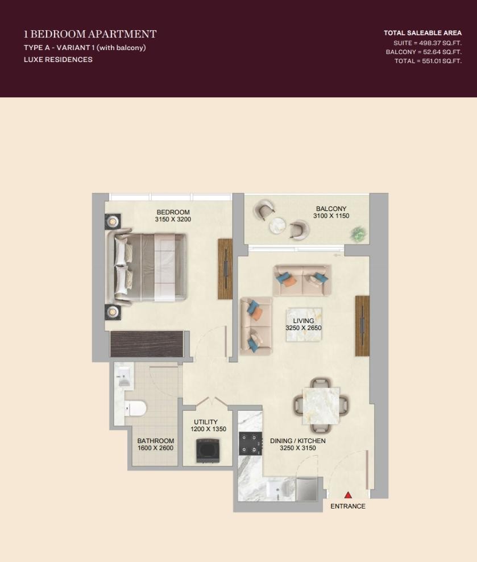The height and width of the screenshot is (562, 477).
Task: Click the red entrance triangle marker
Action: (348, 495)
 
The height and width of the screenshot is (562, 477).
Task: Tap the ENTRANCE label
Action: (348, 506)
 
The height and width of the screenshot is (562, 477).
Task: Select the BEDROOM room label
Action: (173, 212)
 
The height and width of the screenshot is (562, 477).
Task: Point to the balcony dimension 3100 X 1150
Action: (331, 216)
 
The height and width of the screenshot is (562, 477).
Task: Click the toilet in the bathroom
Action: (135, 408)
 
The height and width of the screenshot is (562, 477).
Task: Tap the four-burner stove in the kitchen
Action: (250, 444)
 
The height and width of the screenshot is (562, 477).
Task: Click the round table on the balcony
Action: (277, 225)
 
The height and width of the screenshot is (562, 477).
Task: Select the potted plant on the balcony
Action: (358, 234)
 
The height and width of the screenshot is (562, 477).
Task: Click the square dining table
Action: (321, 406)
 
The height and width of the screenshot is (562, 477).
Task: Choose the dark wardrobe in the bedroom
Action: (147, 344)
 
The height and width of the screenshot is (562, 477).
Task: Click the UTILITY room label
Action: (206, 422)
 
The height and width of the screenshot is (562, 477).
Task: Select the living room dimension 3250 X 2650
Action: (304, 328)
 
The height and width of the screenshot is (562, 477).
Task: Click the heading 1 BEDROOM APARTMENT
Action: (90, 34)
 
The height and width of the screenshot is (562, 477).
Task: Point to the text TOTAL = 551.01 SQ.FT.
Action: (428, 61)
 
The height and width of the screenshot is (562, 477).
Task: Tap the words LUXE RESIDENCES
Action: (58, 60)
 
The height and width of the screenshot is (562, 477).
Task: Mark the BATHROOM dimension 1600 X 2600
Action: (155, 448)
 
